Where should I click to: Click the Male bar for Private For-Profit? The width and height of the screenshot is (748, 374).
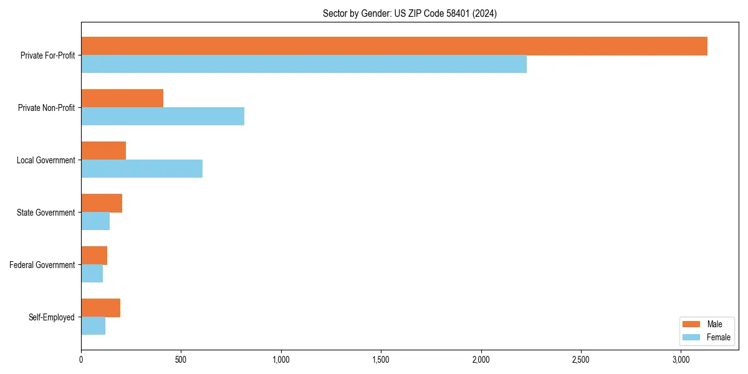(x=394, y=46)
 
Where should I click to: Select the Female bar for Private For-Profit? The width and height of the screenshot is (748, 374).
(x=304, y=64)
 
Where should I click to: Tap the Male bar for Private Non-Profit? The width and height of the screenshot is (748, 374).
(x=122, y=98)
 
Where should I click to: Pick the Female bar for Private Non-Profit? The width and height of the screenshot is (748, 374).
(x=163, y=117)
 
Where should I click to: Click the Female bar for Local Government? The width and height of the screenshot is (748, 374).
(x=141, y=169)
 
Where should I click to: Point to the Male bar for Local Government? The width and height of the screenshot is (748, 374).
(x=103, y=151)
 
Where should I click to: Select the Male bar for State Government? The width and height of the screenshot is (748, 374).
(x=102, y=203)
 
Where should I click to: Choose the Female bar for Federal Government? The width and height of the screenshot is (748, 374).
(x=92, y=274)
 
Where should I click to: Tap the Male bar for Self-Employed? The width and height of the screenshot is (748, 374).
(x=100, y=308)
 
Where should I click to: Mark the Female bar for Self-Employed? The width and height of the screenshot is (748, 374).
(x=93, y=326)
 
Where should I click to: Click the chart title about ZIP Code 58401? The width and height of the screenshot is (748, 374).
(x=410, y=13)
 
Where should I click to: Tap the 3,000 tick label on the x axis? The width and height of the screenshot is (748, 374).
(x=681, y=360)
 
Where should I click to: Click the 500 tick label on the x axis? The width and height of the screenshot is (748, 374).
(x=181, y=360)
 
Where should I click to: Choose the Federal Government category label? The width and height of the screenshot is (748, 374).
(x=42, y=265)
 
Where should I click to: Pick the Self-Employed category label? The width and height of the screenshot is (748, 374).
(x=52, y=317)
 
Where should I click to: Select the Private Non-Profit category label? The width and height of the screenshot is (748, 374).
(x=47, y=108)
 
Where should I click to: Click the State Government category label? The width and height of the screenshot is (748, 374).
(x=46, y=213)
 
